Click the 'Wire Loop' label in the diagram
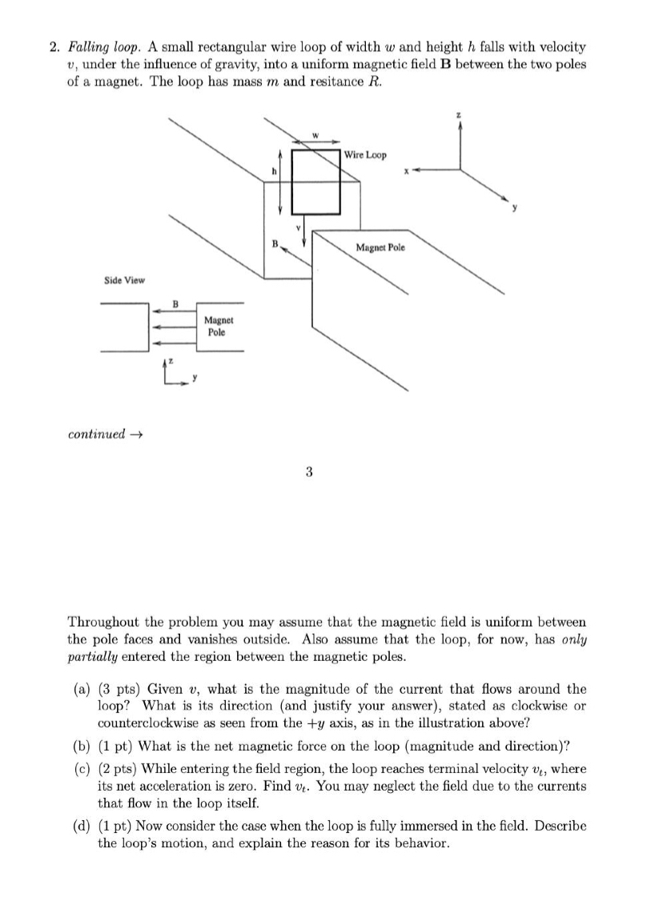pyautogui.click(x=366, y=154)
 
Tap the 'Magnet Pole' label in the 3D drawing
pyautogui.click(x=380, y=247)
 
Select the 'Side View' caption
pyautogui.click(x=124, y=279)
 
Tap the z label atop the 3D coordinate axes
pyautogui.click(x=459, y=116)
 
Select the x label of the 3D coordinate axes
pyautogui.click(x=407, y=169)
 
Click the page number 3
pyautogui.click(x=308, y=472)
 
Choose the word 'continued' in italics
pyautogui.click(x=96, y=434)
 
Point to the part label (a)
pyautogui.click(x=80, y=689)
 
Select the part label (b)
pyautogui.click(x=80, y=746)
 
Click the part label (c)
pyautogui.click(x=80, y=769)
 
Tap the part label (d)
pyautogui.click(x=80, y=826)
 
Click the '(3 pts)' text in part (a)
pyautogui.click(x=120, y=689)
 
